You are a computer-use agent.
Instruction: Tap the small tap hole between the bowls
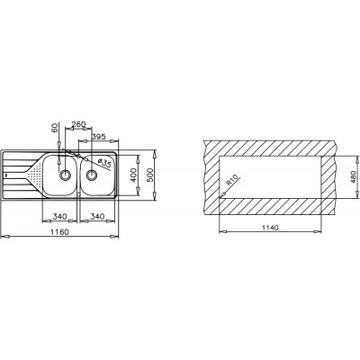pos(79,158)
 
